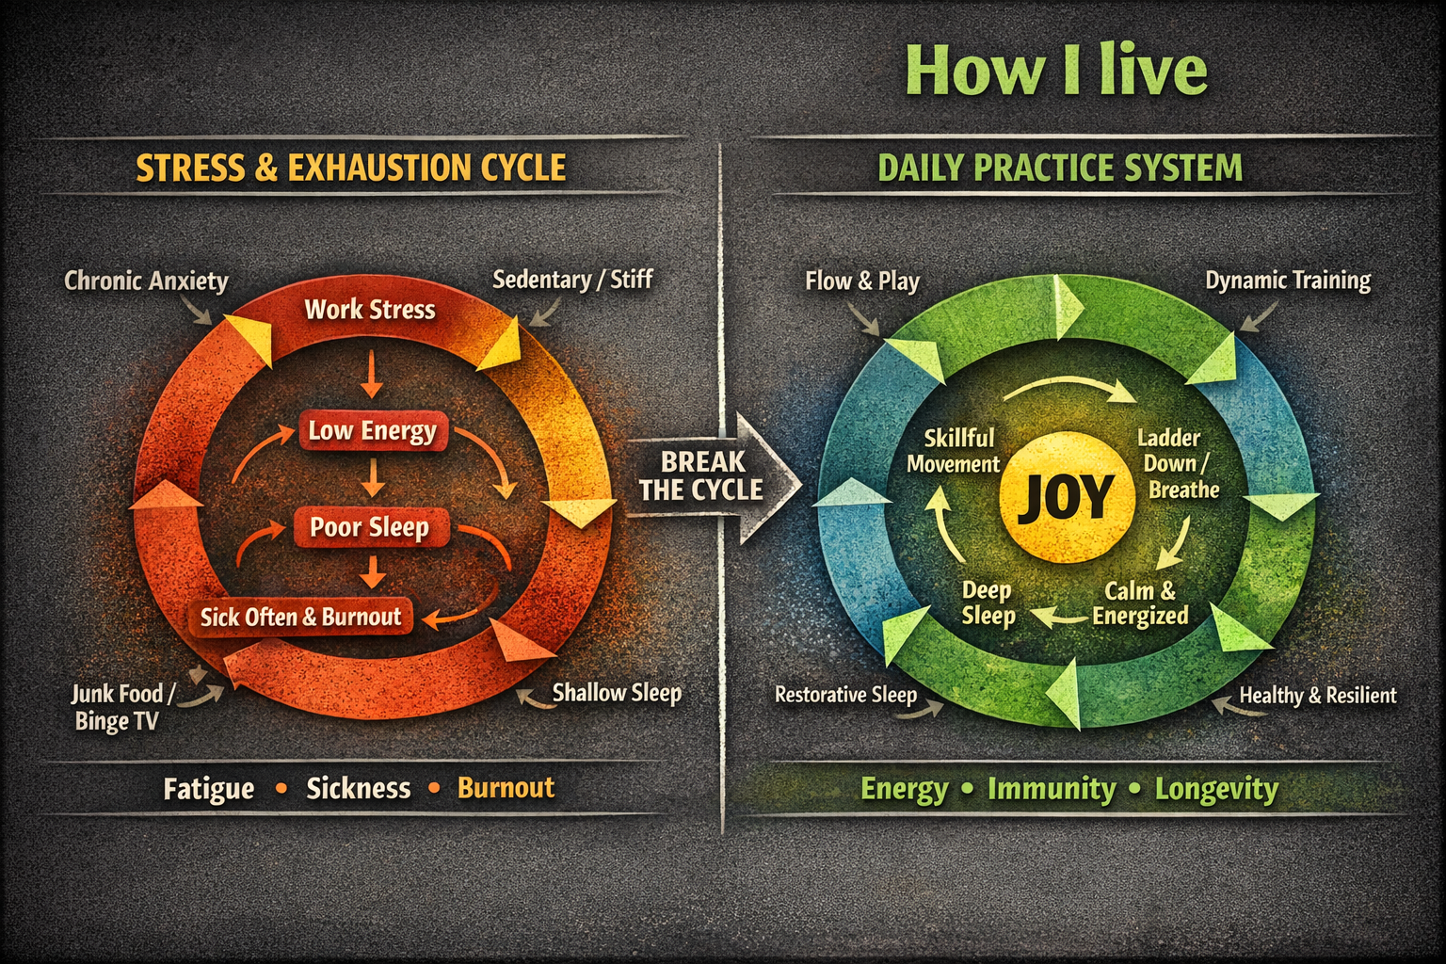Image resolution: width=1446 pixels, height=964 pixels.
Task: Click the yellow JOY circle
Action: (x=1067, y=496)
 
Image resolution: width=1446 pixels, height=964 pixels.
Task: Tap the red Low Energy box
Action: (x=373, y=430)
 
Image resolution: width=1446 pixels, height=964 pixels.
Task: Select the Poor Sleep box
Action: (x=371, y=527)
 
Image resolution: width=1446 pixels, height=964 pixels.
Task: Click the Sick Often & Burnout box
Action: (x=301, y=617)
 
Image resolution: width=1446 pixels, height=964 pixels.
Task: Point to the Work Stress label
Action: (x=370, y=310)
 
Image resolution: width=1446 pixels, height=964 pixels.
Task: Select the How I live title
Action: (x=1056, y=71)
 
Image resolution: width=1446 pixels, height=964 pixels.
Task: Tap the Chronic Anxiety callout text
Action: (x=146, y=281)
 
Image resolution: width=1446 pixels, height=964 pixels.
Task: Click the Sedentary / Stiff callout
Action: (x=572, y=280)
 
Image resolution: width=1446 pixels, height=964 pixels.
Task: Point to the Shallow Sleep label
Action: (x=617, y=694)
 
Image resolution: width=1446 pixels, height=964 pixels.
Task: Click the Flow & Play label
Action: (x=861, y=281)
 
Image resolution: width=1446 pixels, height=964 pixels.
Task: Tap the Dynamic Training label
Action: (x=1288, y=281)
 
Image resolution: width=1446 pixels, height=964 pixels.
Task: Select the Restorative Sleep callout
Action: (x=845, y=695)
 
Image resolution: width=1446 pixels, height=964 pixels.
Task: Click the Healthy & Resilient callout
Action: (x=1318, y=696)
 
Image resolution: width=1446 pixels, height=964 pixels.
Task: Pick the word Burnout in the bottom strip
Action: (x=506, y=788)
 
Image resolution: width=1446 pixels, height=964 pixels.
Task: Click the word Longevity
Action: (x=1216, y=789)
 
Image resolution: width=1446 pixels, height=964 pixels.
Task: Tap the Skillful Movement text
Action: (x=954, y=451)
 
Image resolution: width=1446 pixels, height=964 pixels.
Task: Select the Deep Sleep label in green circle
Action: (x=988, y=603)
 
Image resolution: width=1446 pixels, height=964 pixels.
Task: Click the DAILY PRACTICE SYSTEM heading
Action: (x=1060, y=168)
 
